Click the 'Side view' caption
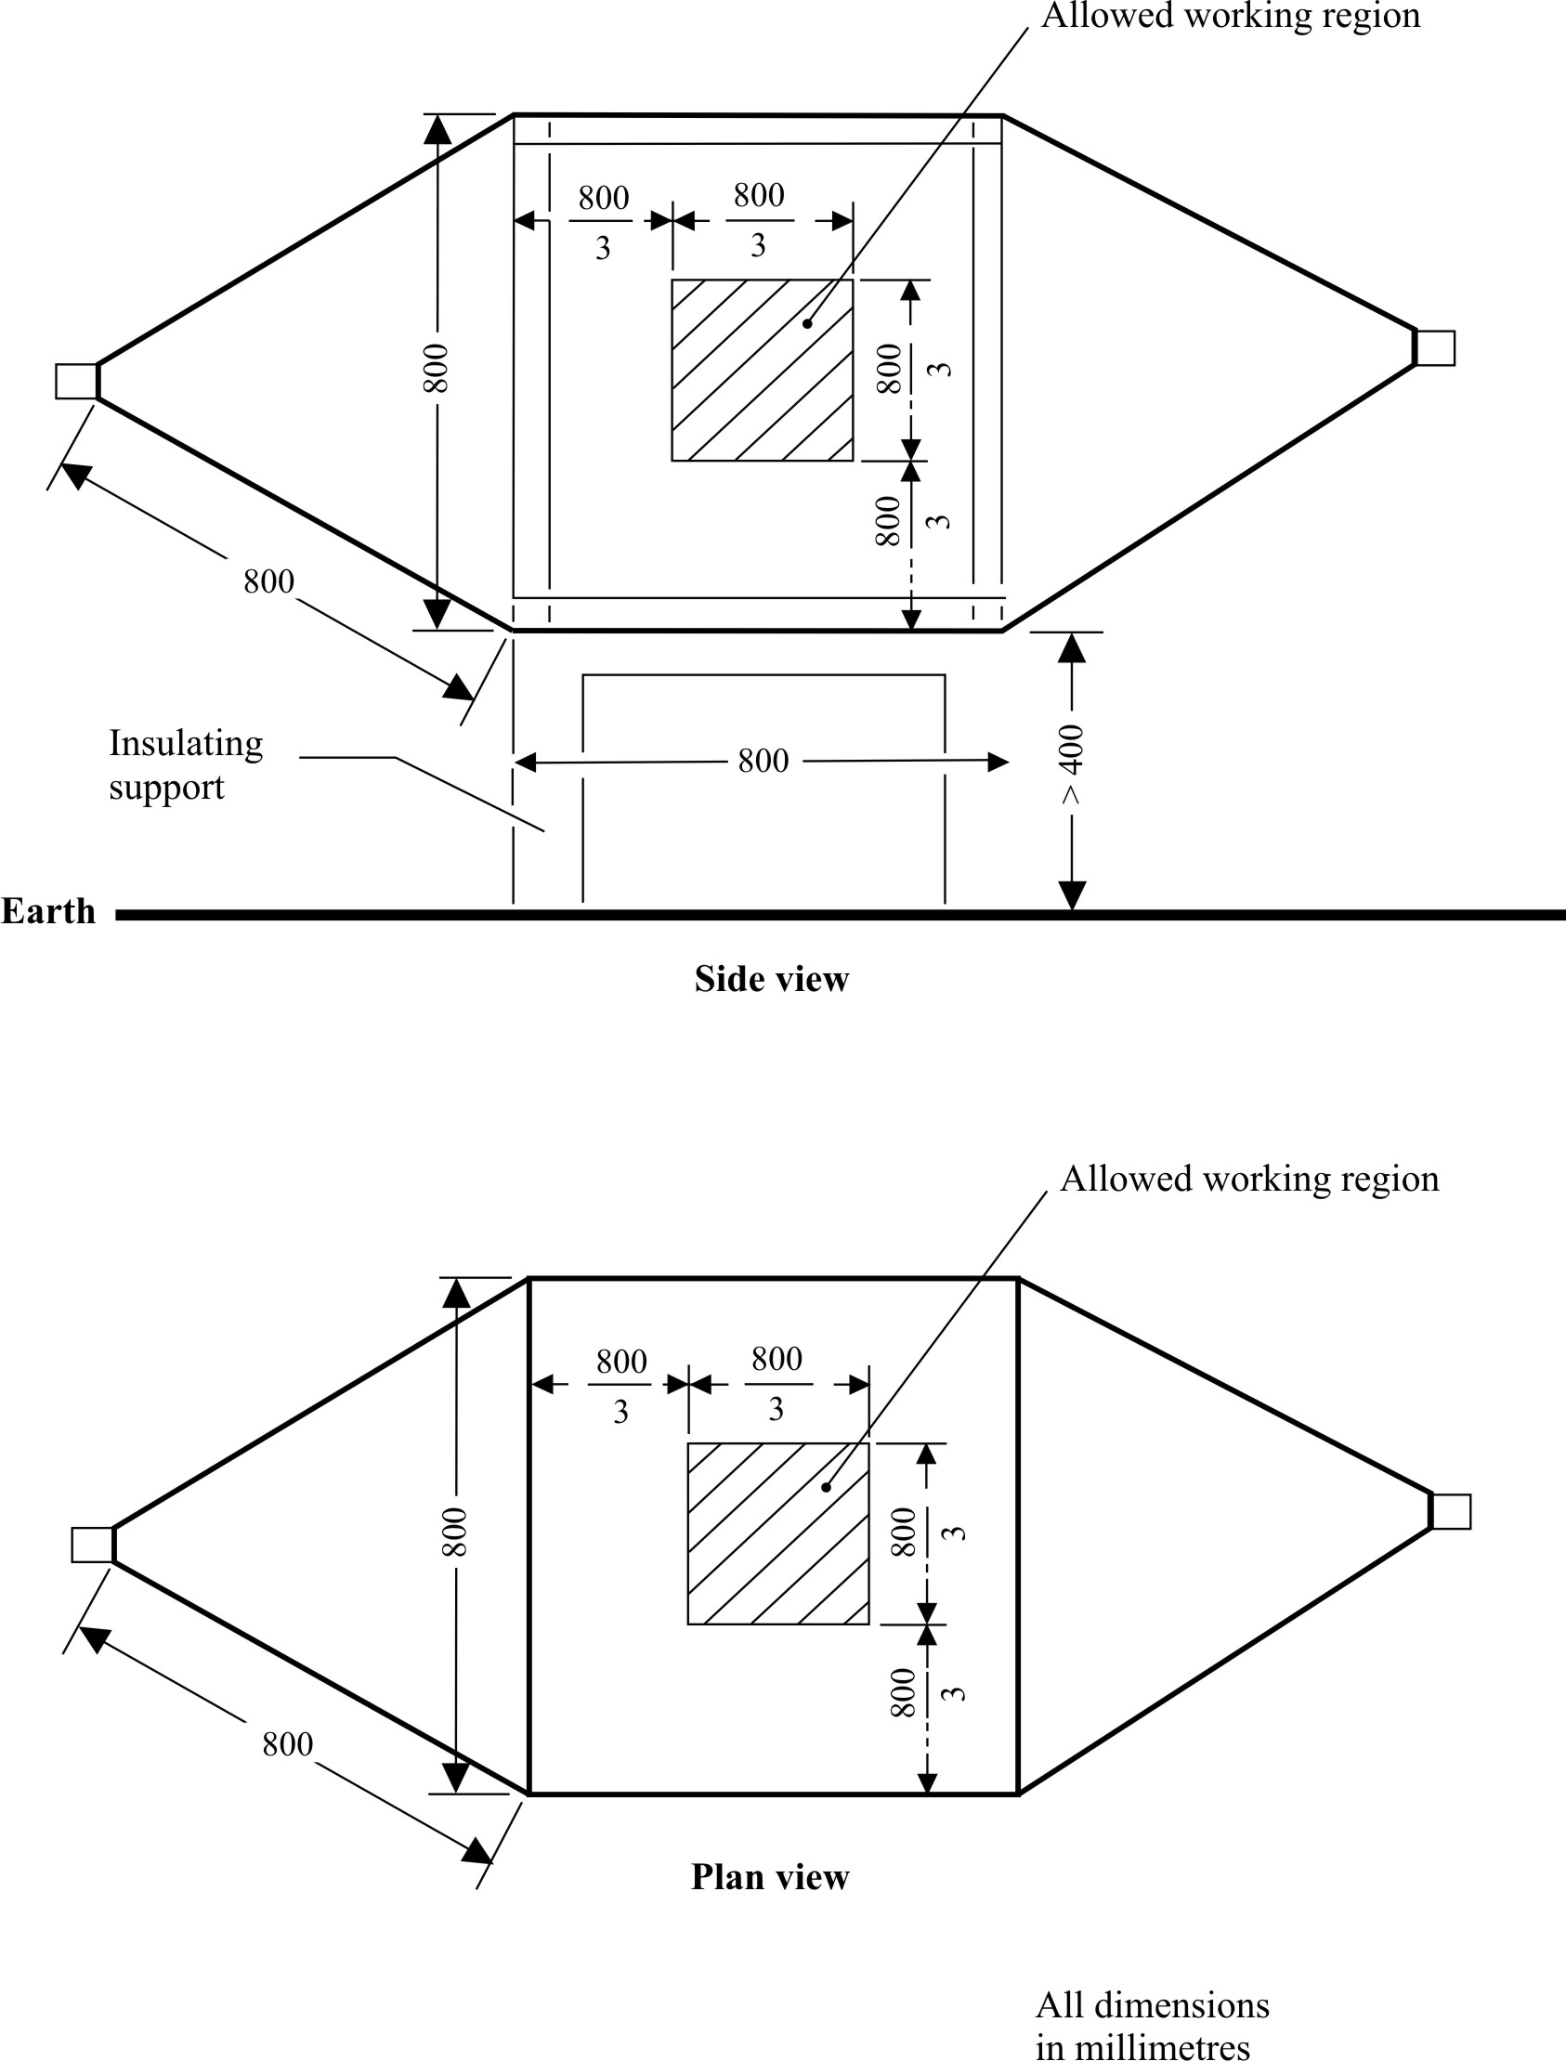771,979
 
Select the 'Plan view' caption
769,1876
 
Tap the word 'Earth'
48,911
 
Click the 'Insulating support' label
185,764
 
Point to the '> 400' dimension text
1072,763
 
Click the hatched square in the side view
762,370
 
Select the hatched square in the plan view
777,1533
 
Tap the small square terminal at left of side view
75,381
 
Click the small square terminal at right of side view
1436,347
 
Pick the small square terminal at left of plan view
92,1545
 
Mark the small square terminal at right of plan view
1452,1511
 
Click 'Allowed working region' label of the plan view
1249,1180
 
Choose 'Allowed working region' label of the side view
1231,16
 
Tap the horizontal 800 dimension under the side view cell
763,762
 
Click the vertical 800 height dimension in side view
437,368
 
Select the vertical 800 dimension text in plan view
454,1532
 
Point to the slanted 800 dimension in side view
268,581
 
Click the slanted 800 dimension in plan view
287,1744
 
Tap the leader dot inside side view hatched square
807,324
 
